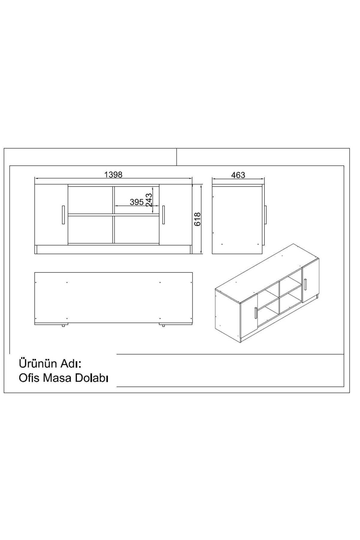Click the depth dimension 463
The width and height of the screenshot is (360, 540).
click(x=238, y=175)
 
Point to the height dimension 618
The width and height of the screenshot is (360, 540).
click(x=197, y=219)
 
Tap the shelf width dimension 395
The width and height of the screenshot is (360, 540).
click(x=136, y=202)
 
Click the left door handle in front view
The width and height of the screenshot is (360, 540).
click(x=63, y=215)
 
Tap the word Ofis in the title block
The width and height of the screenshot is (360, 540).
click(x=29, y=378)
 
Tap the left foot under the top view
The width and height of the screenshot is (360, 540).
click(x=64, y=325)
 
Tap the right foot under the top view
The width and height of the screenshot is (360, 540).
click(x=163, y=325)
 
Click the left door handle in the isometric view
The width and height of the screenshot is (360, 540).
click(x=255, y=313)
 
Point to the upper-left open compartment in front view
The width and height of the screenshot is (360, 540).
click(x=90, y=200)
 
